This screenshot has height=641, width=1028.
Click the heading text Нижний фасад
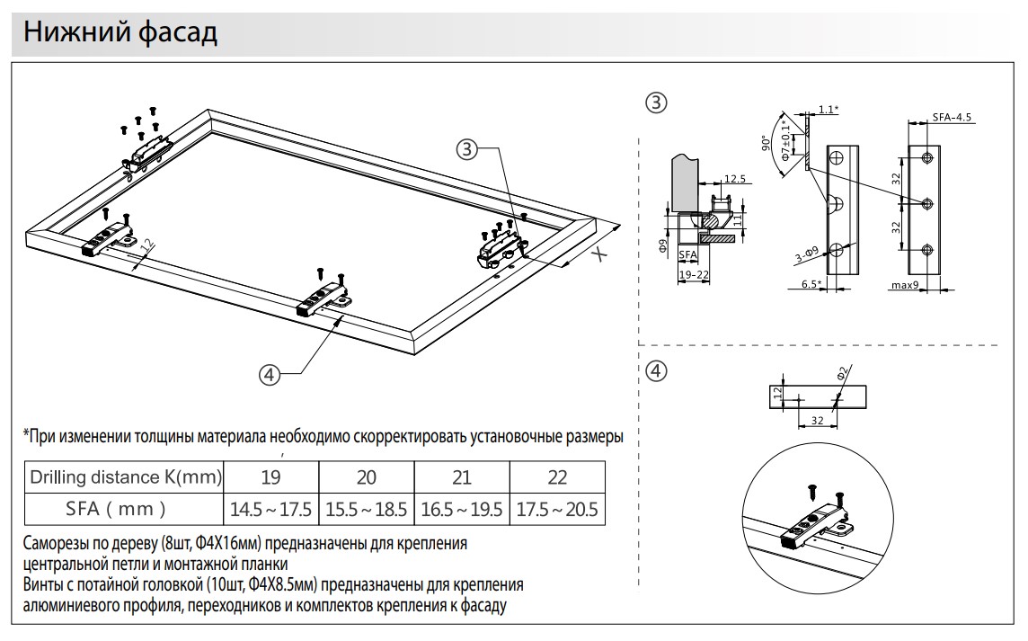coord(120,32)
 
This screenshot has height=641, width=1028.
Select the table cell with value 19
coord(270,476)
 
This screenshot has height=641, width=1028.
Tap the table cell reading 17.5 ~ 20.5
coord(556,509)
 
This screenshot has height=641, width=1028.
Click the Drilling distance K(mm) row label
coord(125,476)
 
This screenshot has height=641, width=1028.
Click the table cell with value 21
coord(462,476)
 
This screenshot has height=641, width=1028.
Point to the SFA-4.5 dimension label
coord(952,118)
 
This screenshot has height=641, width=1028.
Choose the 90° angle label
coord(766,144)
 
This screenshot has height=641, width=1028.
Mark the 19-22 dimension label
coord(692,273)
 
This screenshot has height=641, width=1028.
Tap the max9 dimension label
coord(906,285)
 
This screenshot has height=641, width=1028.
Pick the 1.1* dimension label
coord(829,110)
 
